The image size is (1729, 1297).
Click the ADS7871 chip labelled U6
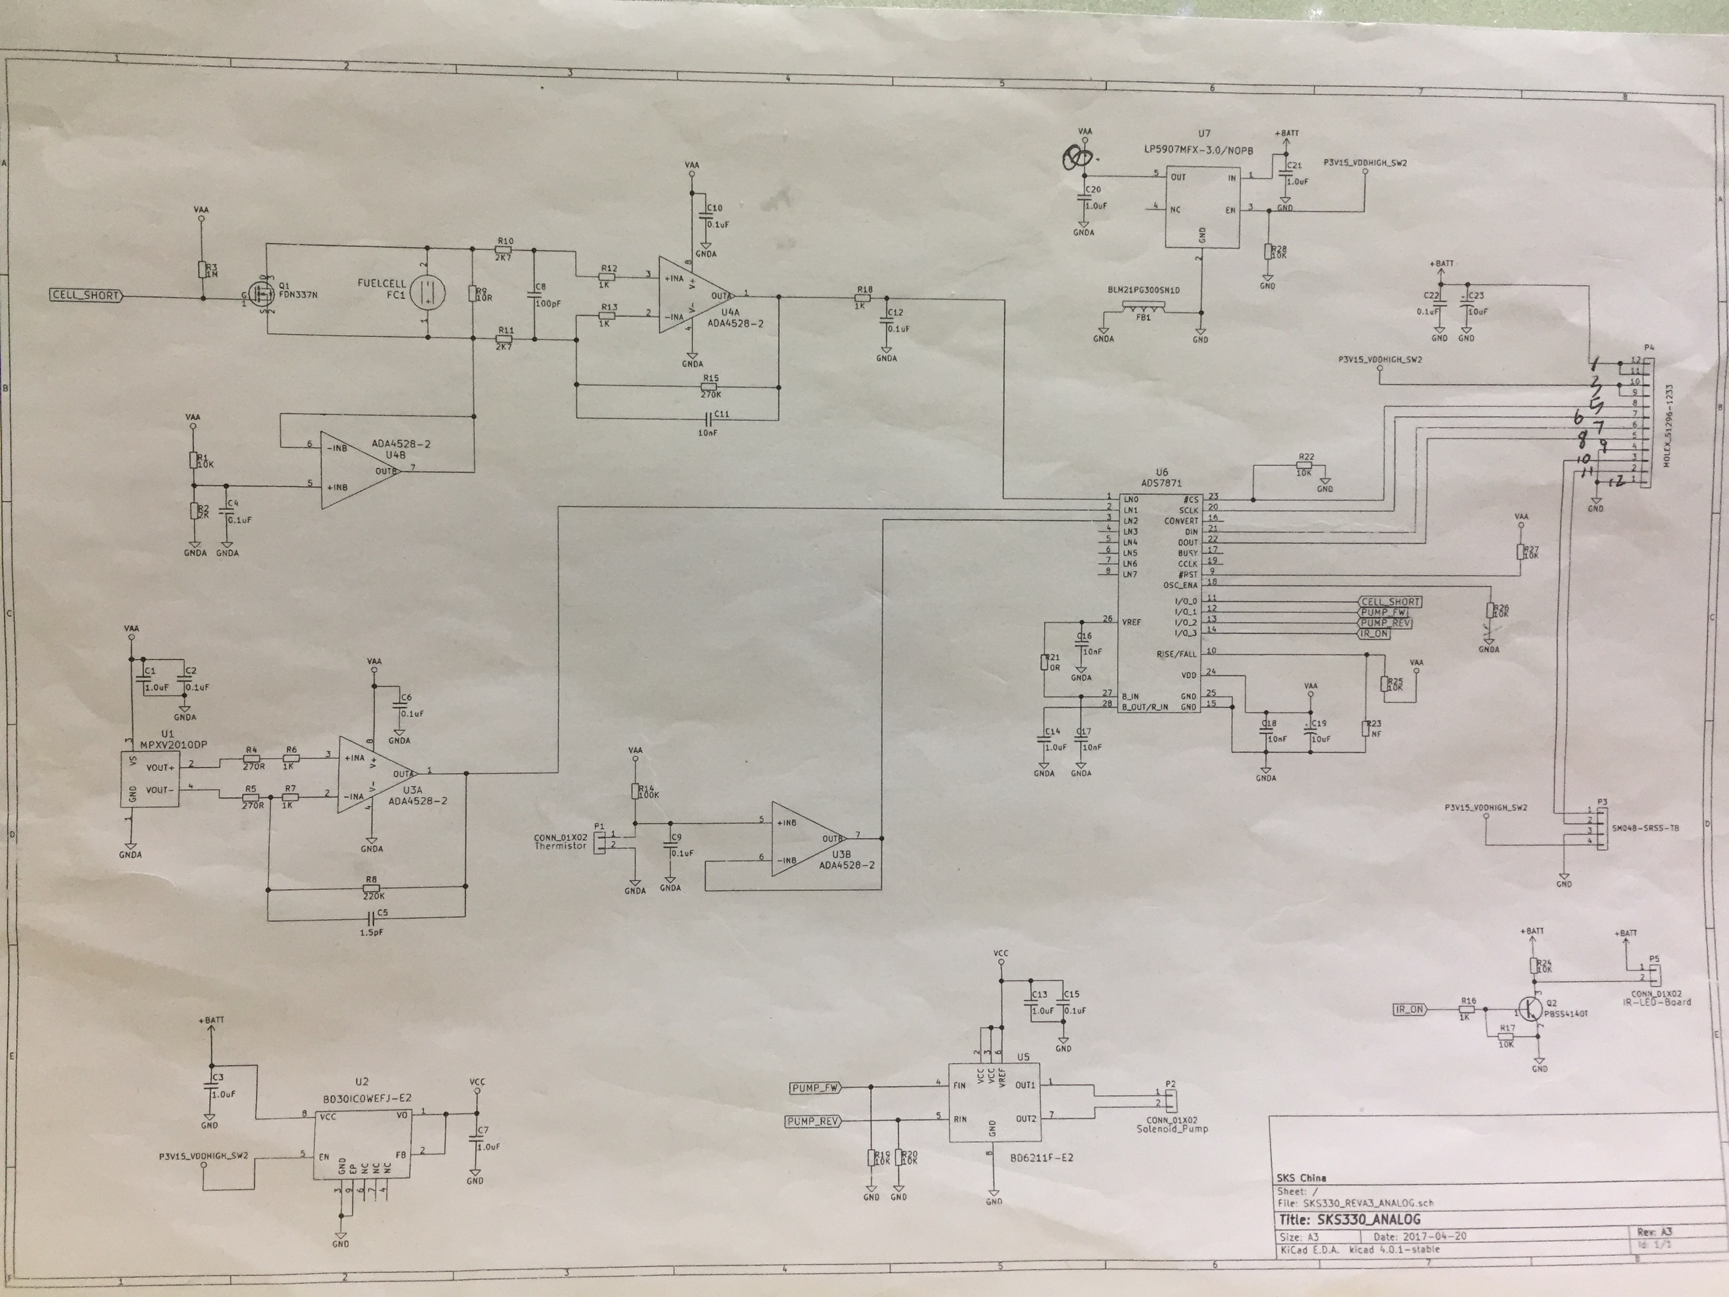click(x=1157, y=602)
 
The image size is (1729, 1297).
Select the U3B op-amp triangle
click(x=807, y=838)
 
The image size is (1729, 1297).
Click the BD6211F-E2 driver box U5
click(x=994, y=1103)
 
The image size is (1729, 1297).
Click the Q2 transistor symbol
click(x=1530, y=1009)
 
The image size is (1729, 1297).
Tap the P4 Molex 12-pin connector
click(x=1645, y=423)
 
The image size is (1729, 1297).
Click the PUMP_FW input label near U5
click(x=815, y=1088)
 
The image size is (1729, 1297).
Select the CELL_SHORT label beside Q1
click(x=86, y=296)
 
